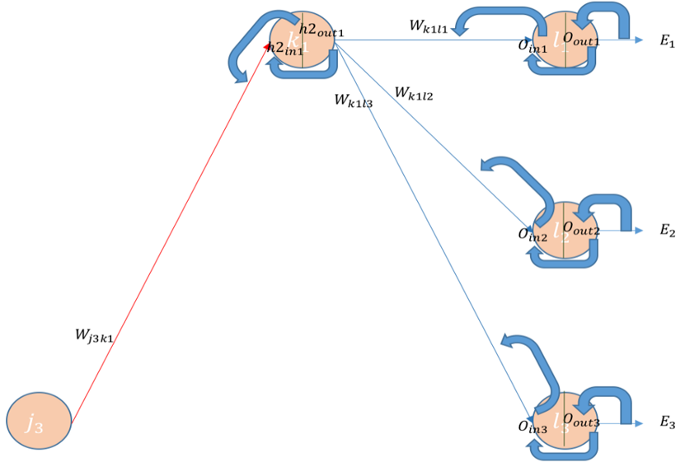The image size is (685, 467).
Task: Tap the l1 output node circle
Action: pyautogui.click(x=564, y=40)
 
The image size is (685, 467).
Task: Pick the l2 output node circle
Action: pyautogui.click(x=564, y=231)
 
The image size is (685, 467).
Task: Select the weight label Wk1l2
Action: pyautogui.click(x=415, y=92)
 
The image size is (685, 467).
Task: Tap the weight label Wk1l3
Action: pyautogui.click(x=354, y=100)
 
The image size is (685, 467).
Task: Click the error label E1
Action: pyautogui.click(x=667, y=41)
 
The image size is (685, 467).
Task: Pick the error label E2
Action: pyautogui.click(x=667, y=231)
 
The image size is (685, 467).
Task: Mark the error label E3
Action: pyautogui.click(x=667, y=423)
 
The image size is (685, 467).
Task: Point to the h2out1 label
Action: pyautogui.click(x=322, y=30)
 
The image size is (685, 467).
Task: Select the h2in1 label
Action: pyautogui.click(x=285, y=49)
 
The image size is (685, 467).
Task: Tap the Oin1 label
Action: pyautogui.click(x=533, y=45)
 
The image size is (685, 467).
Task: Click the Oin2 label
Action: pyautogui.click(x=533, y=235)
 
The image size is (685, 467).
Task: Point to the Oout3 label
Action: pyautogui.click(x=580, y=421)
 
